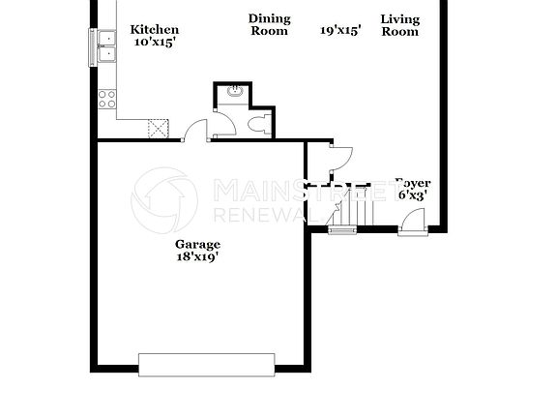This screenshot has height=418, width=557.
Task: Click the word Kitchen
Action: (154, 29)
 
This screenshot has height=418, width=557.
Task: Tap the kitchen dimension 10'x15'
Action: (154, 43)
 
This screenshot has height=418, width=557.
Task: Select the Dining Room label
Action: (269, 24)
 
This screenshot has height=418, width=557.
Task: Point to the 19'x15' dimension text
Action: (340, 31)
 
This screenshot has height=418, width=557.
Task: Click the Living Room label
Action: (399, 24)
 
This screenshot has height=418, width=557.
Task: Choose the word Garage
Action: (197, 244)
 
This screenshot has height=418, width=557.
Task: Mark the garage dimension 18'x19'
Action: (197, 257)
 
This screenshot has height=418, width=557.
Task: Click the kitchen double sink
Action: (104, 45)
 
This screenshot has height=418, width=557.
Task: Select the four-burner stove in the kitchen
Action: (106, 98)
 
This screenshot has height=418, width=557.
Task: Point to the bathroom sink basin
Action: (233, 93)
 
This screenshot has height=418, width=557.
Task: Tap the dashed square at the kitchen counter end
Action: (158, 127)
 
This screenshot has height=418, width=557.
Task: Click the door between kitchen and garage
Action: (196, 131)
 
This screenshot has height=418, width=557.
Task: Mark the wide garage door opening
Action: (207, 365)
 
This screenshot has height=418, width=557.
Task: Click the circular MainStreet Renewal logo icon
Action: (163, 200)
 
